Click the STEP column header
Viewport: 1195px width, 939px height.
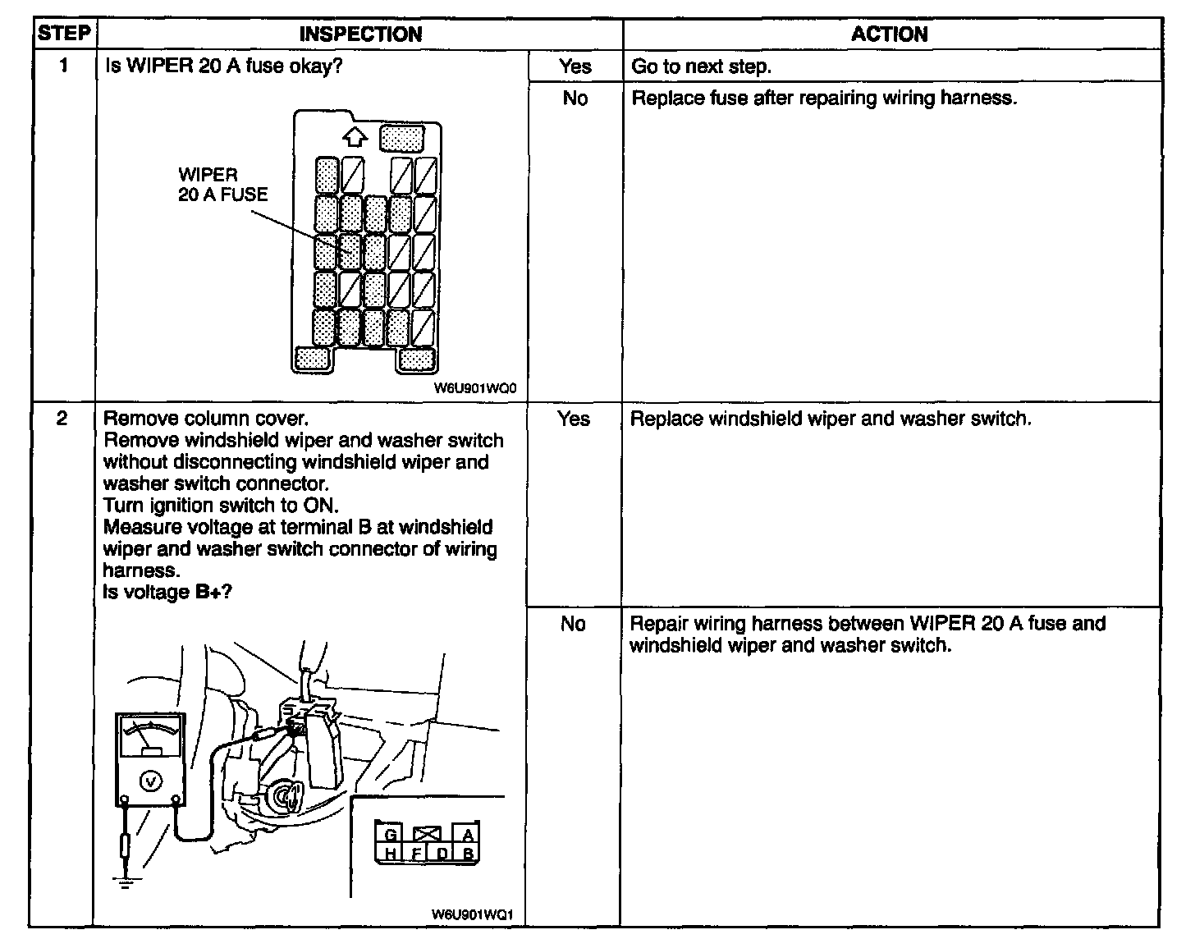pos(63,34)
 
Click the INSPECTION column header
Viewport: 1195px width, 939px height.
pos(360,34)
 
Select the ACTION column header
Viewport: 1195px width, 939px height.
pos(890,34)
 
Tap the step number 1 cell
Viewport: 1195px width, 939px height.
pos(63,66)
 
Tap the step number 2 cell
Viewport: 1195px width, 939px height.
pos(62,419)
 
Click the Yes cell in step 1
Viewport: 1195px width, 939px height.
pos(575,66)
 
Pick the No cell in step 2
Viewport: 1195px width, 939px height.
pos(573,624)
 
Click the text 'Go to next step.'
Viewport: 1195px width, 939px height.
pos(701,66)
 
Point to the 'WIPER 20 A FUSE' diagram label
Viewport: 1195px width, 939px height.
pos(222,185)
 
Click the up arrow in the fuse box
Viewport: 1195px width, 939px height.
pos(355,136)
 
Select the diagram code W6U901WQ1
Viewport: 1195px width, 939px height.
pos(477,914)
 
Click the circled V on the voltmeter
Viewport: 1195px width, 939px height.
pos(151,781)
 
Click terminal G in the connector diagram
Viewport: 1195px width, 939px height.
pos(391,836)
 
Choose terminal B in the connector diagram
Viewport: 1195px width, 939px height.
pos(467,854)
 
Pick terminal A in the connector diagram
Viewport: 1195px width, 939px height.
pos(467,836)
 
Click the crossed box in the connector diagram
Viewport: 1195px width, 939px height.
pos(428,835)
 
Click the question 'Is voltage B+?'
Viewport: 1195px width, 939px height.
pos(167,591)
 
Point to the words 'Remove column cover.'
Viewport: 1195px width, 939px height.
pos(205,419)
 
